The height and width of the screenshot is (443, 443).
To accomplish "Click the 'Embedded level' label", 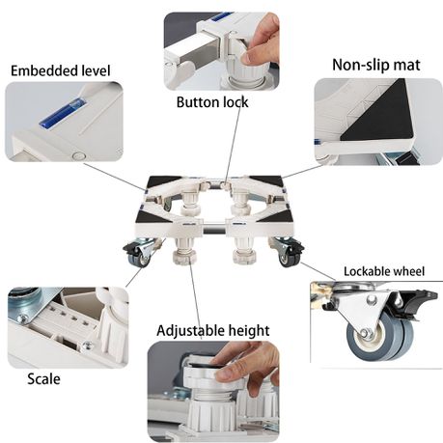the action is [61, 70].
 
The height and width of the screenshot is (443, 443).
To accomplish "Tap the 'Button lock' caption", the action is [212, 102].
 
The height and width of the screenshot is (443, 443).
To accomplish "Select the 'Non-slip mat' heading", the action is [376, 65].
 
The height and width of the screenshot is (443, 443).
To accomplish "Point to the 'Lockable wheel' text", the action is [384, 271].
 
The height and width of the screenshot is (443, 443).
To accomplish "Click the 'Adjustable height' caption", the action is [213, 331].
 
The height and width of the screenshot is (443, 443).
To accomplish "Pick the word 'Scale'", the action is [43, 378].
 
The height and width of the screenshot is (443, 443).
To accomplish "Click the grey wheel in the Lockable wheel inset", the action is [379, 337].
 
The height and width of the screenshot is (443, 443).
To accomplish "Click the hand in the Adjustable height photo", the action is [243, 361].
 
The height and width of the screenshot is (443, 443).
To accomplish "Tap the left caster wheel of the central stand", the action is [136, 258].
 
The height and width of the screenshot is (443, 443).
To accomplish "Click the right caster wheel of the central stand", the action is [288, 258].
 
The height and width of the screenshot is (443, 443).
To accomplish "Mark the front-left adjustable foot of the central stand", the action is [183, 250].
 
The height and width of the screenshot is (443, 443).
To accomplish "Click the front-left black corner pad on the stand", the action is [153, 218].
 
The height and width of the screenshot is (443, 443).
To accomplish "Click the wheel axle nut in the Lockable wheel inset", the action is [365, 333].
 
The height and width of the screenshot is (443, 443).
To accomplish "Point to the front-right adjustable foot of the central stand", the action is [244, 250].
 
